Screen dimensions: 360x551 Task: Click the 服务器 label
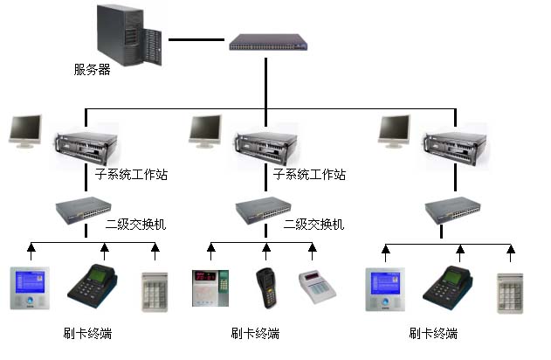point(93,70)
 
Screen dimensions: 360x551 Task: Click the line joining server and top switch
point(196,39)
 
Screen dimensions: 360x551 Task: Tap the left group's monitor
point(25,131)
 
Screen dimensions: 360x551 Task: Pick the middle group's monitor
point(206,131)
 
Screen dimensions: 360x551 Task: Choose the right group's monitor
point(396,131)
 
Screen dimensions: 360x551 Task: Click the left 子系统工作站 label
point(130,175)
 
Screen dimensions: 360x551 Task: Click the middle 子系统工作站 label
point(309,175)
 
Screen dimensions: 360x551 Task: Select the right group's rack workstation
point(453,146)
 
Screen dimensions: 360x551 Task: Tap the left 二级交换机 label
point(135,225)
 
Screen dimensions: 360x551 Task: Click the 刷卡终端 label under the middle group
point(255,334)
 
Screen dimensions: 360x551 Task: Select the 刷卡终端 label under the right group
point(433,334)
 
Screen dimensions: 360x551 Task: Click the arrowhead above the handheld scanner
point(265,250)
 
